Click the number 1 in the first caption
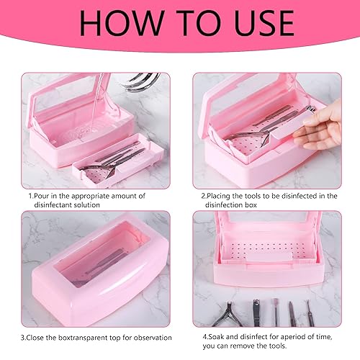tap(30, 195)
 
